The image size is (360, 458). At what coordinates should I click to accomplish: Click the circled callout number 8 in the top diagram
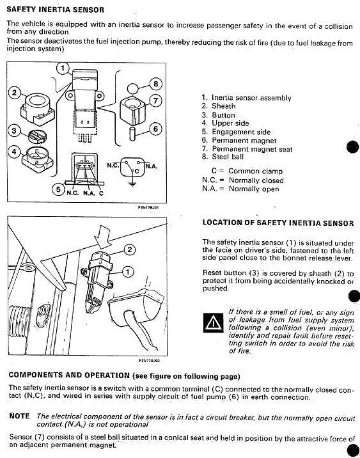click(x=155, y=84)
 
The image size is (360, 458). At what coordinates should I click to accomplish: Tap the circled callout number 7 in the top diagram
click(x=155, y=101)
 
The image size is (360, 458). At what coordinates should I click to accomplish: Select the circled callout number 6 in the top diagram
click(x=155, y=129)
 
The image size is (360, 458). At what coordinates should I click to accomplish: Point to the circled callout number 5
click(x=58, y=189)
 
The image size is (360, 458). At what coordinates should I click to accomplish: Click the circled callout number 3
click(x=14, y=130)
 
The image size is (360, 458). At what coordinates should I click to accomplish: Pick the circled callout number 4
click(x=14, y=152)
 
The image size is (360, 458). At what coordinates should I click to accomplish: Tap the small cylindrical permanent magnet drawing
click(x=132, y=134)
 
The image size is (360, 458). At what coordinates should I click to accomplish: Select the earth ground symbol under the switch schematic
click(x=132, y=184)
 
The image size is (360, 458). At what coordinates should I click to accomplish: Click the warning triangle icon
click(x=214, y=323)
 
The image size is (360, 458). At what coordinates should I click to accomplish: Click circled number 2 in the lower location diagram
click(x=129, y=249)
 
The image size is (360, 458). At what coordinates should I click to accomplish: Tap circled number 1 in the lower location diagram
click(x=127, y=272)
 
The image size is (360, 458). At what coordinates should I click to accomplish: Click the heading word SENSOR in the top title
click(x=88, y=10)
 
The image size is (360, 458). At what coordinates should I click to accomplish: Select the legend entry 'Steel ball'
click(x=228, y=157)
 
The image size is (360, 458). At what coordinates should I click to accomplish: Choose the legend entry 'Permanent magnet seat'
click(x=252, y=149)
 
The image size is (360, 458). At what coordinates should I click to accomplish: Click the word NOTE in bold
click(x=20, y=416)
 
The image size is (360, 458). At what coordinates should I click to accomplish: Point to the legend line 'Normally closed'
click(x=256, y=180)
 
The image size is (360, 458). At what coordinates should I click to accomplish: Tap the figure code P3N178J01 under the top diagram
click(x=148, y=207)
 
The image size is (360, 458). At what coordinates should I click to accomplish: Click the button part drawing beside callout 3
click(x=37, y=136)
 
